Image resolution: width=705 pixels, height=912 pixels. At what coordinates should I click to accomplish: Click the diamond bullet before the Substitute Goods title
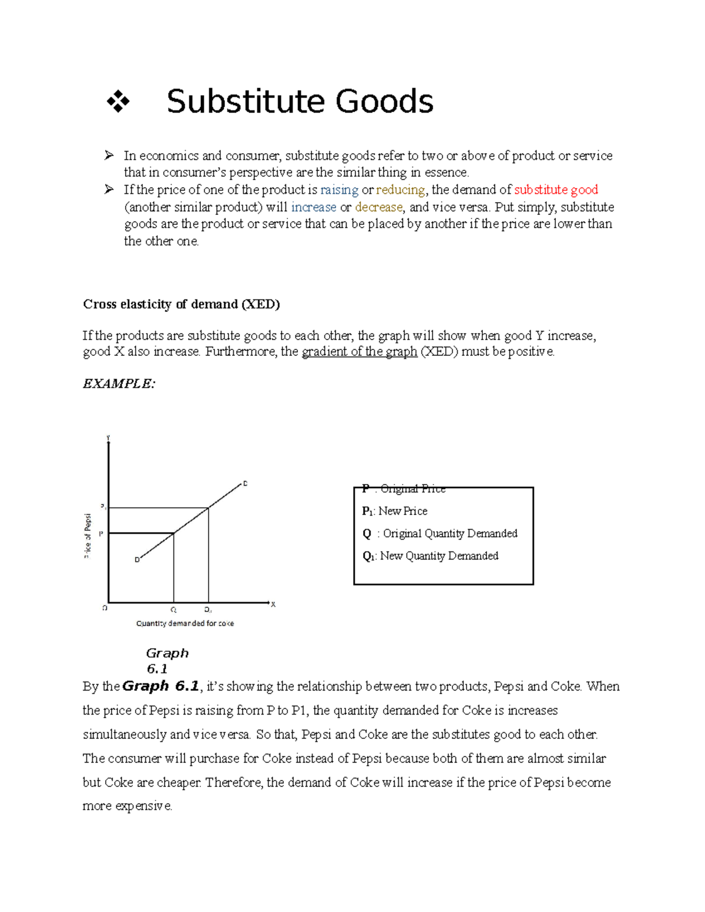pos(118,102)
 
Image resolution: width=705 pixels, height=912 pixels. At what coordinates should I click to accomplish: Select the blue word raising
pos(339,190)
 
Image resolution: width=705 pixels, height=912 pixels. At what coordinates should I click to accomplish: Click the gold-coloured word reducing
pos(401,190)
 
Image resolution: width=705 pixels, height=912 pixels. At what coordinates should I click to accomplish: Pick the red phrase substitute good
pos(556,190)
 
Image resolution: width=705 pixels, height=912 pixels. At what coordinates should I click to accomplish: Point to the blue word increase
pos(314,207)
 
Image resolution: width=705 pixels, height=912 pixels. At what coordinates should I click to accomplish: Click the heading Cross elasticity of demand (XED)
pos(181,304)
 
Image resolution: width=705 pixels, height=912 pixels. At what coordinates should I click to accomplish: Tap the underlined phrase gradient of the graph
pos(359,352)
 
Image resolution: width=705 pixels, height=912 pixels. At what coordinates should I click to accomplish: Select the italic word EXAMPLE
pos(119,383)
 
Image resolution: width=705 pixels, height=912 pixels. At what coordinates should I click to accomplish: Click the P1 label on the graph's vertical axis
pos(103,506)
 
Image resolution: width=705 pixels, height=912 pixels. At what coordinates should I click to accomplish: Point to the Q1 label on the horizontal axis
pos(208,610)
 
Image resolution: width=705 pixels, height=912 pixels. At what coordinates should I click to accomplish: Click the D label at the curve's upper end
pos(245,483)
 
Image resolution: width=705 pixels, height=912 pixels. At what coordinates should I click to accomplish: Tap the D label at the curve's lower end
pos(137,560)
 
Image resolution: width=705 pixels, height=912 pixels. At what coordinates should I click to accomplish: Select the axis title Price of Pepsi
pos(88,536)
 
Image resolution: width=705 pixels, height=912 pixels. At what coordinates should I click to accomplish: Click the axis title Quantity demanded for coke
pos(184,624)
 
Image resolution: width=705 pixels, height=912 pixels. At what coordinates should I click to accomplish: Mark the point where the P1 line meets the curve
pos(209,508)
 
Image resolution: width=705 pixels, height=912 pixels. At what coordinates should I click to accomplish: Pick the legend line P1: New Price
pos(395,511)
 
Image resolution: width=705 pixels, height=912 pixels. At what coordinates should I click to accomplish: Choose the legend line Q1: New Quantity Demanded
pos(430,556)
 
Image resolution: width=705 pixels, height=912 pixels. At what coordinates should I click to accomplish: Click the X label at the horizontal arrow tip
pos(273,604)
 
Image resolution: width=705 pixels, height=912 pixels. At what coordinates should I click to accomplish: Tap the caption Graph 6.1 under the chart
pos(166,661)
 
